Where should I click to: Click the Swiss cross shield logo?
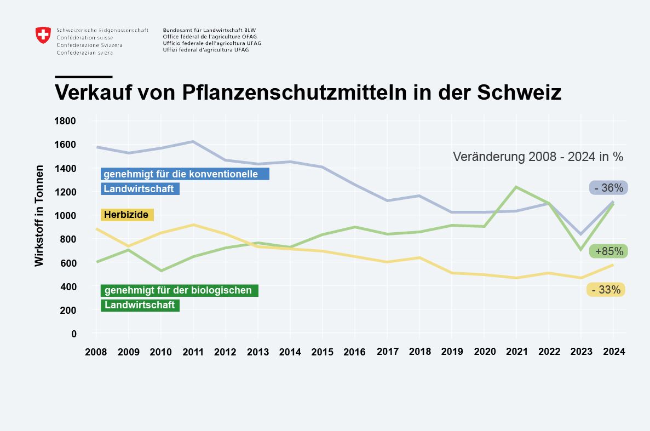(43, 35)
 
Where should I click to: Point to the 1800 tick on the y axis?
(65, 121)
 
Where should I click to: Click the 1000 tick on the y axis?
(65, 216)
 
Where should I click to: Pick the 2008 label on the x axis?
(96, 352)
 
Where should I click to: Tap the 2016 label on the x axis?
(354, 352)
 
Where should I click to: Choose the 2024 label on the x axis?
(613, 352)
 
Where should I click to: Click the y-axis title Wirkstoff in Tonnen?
(39, 216)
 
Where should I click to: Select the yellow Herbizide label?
(127, 215)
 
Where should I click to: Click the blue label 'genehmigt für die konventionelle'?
(185, 174)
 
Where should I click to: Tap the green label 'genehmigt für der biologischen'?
(179, 290)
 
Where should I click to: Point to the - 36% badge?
(608, 188)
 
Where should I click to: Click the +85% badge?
(608, 251)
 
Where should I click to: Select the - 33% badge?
(606, 290)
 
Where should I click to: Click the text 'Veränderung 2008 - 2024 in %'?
(538, 157)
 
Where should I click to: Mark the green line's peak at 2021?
(516, 187)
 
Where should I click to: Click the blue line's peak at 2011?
(193, 142)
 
